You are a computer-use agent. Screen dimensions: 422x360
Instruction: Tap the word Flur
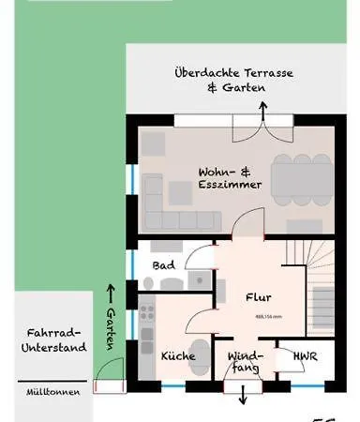[258, 298]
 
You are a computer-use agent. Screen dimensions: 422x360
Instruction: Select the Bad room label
[163, 265]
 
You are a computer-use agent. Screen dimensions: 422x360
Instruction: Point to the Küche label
[177, 357]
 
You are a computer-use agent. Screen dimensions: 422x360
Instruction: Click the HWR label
[305, 357]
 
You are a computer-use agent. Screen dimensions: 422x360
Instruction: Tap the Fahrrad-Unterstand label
[54, 339]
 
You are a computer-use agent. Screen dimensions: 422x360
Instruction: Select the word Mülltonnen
[53, 391]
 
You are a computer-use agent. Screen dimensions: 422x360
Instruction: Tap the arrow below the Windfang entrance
[243, 397]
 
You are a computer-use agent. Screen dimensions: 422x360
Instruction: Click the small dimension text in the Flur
[268, 316]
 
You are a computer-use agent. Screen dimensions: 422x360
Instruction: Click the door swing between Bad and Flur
[199, 257]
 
